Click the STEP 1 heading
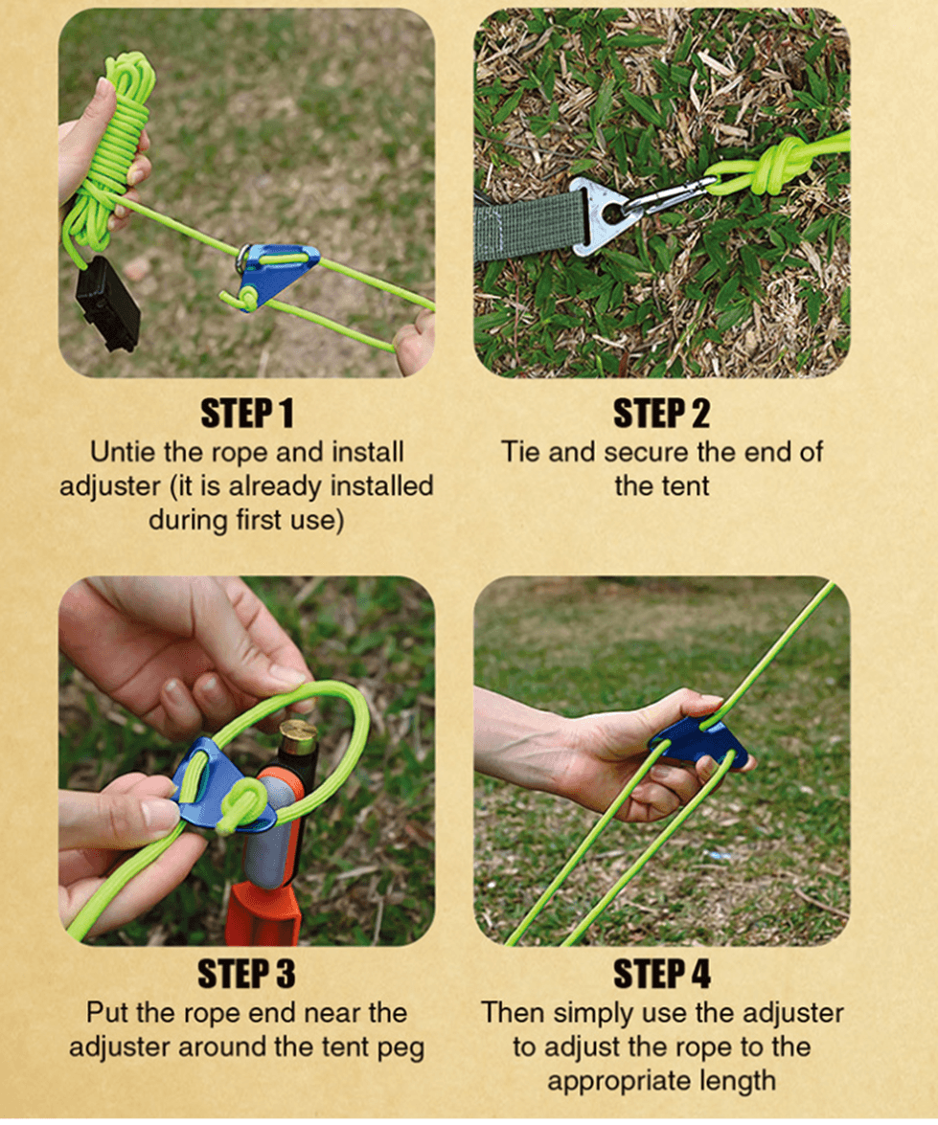[x=246, y=414]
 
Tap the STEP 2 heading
[x=661, y=414]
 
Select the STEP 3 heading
[x=246, y=975]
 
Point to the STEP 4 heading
[x=661, y=975]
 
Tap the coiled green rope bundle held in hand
[x=115, y=150]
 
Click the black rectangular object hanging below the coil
[x=107, y=304]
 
